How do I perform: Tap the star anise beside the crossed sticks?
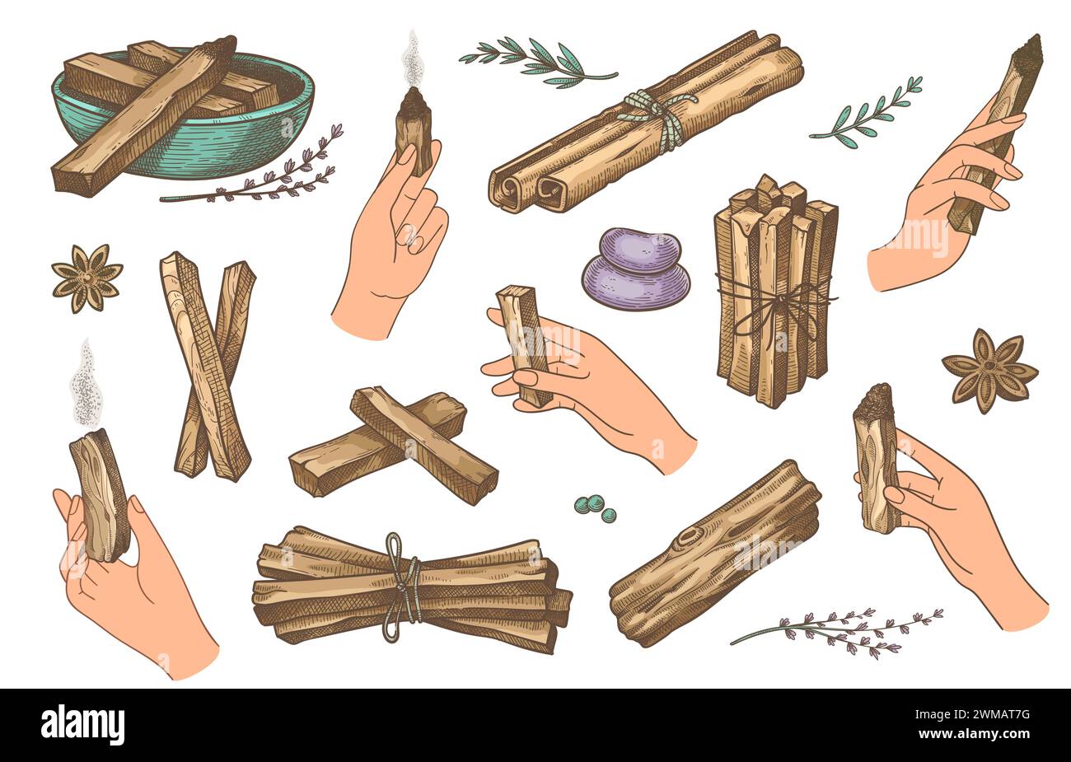pos(87,278)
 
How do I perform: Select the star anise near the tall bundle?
pos(989,371)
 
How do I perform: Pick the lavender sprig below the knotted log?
pos(837,632)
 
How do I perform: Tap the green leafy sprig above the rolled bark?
pos(538,62)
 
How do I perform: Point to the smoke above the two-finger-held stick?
pos(409,60)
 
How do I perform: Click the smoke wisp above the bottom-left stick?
pos(85,382)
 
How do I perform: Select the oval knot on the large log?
pos(688,538)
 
